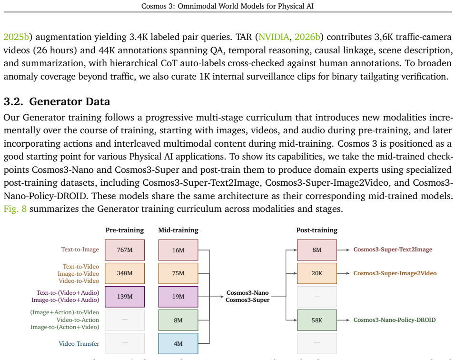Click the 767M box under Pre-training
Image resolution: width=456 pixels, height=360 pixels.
click(x=125, y=250)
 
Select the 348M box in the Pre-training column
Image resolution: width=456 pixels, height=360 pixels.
click(x=125, y=273)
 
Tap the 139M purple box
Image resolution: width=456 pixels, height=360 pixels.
click(x=125, y=297)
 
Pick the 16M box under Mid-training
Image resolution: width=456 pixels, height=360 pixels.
click(x=178, y=250)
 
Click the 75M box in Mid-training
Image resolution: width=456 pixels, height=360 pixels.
click(x=178, y=273)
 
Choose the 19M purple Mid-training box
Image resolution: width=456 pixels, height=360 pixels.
click(x=178, y=297)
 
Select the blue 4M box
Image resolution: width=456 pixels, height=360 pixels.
click(x=178, y=343)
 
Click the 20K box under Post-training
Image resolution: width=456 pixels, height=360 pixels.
click(x=317, y=273)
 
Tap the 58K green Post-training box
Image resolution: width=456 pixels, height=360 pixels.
click(x=317, y=320)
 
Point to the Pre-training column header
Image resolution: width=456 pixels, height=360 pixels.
click(x=125, y=230)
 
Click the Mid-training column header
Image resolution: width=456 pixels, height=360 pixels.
click(x=178, y=230)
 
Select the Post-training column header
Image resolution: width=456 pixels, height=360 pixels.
click(x=317, y=230)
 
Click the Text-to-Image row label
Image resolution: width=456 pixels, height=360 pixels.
click(x=80, y=250)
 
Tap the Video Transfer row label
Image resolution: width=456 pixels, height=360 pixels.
click(x=79, y=344)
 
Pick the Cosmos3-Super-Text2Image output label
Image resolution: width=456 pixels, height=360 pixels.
click(x=393, y=250)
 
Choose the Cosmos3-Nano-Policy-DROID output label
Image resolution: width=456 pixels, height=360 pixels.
click(x=395, y=320)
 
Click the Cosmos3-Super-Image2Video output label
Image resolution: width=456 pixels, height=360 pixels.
click(x=395, y=273)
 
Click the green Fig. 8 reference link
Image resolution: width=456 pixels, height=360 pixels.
click(x=15, y=209)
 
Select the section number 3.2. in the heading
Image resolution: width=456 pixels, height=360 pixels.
click(x=13, y=101)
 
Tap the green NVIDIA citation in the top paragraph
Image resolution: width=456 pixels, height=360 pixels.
click(x=274, y=37)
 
